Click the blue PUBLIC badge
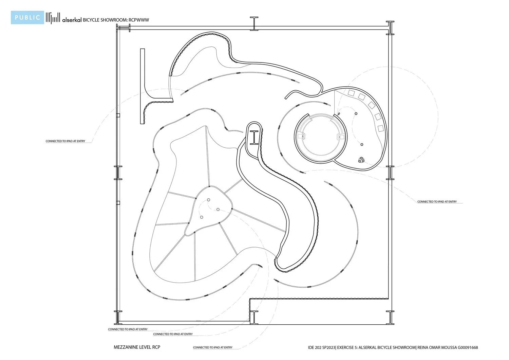pos(27,18)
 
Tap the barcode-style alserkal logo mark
pos(53,18)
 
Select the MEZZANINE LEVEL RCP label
pos(137,347)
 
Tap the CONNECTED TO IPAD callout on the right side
pos(437,202)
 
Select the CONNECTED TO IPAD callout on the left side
pos(65,141)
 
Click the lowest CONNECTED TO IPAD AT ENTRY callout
pos(213,347)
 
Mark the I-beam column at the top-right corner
pos(390,28)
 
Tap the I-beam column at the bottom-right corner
pos(390,317)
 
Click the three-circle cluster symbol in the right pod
pos(361,160)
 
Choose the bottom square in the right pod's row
pos(381,128)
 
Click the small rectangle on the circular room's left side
pos(300,136)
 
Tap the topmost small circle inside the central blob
pos(209,200)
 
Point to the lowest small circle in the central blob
pos(202,217)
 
